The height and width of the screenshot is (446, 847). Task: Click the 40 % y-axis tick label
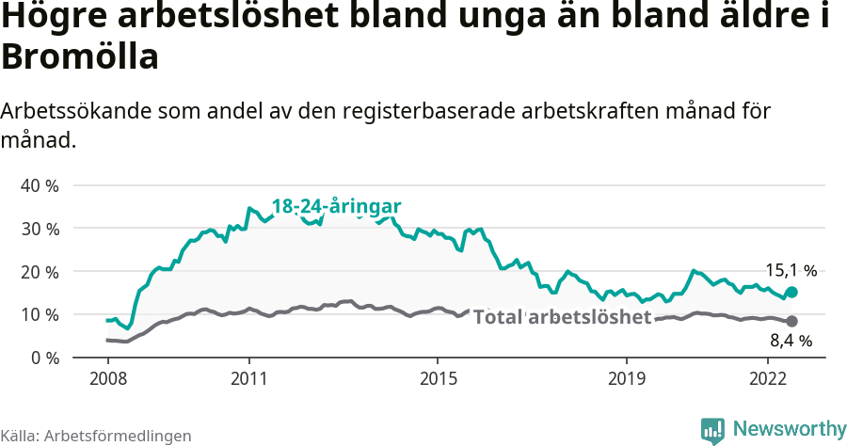40,185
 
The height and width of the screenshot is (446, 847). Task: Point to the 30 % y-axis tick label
40,229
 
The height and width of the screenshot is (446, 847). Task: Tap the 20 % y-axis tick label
40,271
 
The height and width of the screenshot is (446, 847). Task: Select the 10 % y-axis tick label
40,314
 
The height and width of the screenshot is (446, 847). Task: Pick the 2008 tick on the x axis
107,379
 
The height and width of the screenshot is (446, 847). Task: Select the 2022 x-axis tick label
768,379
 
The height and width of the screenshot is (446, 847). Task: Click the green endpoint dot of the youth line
792,293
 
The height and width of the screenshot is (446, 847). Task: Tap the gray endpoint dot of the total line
792,322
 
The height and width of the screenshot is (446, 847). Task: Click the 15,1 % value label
790,271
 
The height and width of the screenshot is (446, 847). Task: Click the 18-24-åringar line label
337,206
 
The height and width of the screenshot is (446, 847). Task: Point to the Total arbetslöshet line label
562,317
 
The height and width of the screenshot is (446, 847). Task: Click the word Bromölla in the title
79,57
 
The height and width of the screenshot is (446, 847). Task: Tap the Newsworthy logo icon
712,430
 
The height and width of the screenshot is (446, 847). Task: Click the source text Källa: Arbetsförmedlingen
96,436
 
